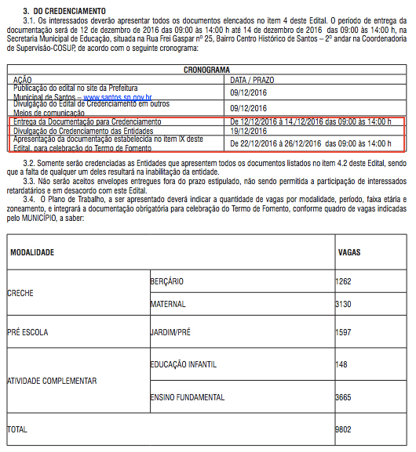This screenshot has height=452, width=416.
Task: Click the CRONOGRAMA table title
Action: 207,69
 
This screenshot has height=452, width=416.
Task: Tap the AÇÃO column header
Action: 23,79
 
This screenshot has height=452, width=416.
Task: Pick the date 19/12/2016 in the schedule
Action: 248,131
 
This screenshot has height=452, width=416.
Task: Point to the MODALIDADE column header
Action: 32,232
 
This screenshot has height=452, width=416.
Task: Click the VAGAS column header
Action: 349,232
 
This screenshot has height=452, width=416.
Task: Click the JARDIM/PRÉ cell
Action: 170,332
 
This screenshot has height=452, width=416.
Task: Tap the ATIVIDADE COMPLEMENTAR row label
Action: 52,381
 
